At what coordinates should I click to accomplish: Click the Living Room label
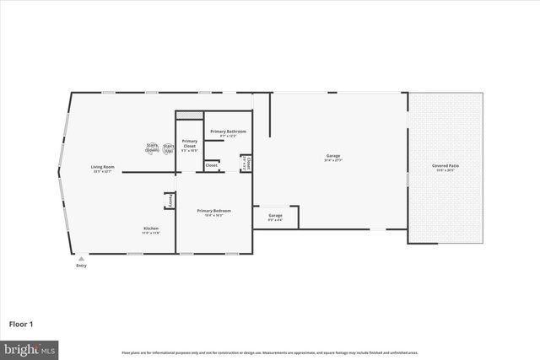(103, 166)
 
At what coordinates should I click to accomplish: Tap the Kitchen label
(150, 228)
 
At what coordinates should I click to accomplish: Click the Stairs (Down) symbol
(153, 148)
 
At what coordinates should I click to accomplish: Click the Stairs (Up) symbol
(169, 148)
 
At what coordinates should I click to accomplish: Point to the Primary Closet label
(190, 143)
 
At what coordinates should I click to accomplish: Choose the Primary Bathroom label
(229, 132)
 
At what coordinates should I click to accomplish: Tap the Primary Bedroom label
(213, 210)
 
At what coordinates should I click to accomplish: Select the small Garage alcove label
(275, 216)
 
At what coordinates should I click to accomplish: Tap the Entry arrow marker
(81, 259)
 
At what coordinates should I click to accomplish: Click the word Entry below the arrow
(81, 266)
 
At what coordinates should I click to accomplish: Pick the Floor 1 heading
(20, 324)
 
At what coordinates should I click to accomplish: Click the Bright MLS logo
(30, 348)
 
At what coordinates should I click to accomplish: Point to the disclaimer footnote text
(269, 352)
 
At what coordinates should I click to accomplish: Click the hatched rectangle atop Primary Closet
(190, 116)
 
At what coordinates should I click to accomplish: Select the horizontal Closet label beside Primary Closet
(211, 165)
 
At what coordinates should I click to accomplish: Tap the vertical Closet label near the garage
(248, 164)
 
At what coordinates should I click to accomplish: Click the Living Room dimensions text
(103, 171)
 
